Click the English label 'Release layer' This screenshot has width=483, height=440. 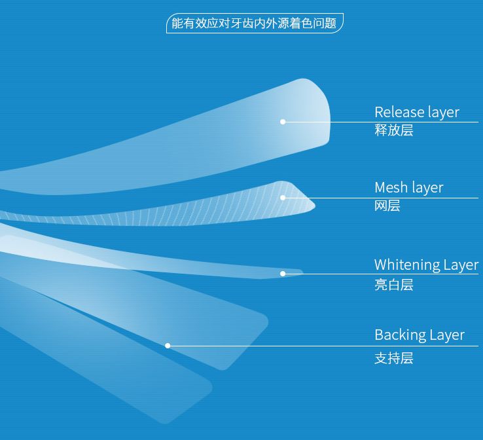(x=416, y=112)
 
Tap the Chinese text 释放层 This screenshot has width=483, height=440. (x=393, y=130)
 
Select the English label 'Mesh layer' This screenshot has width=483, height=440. (x=408, y=188)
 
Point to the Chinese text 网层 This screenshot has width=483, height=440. (x=387, y=206)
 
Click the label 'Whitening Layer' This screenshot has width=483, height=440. (x=426, y=265)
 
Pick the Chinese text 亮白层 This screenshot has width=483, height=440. (x=393, y=285)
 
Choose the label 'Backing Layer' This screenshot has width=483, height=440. (x=419, y=335)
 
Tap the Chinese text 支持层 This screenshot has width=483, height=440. (x=393, y=358)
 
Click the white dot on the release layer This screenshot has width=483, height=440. (x=283, y=122)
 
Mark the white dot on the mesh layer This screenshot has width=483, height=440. (x=283, y=198)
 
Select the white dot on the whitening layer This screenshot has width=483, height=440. (x=283, y=274)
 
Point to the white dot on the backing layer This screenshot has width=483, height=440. (x=168, y=346)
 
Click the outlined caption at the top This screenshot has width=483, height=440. (x=254, y=24)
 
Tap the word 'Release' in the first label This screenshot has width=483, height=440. (x=395, y=112)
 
